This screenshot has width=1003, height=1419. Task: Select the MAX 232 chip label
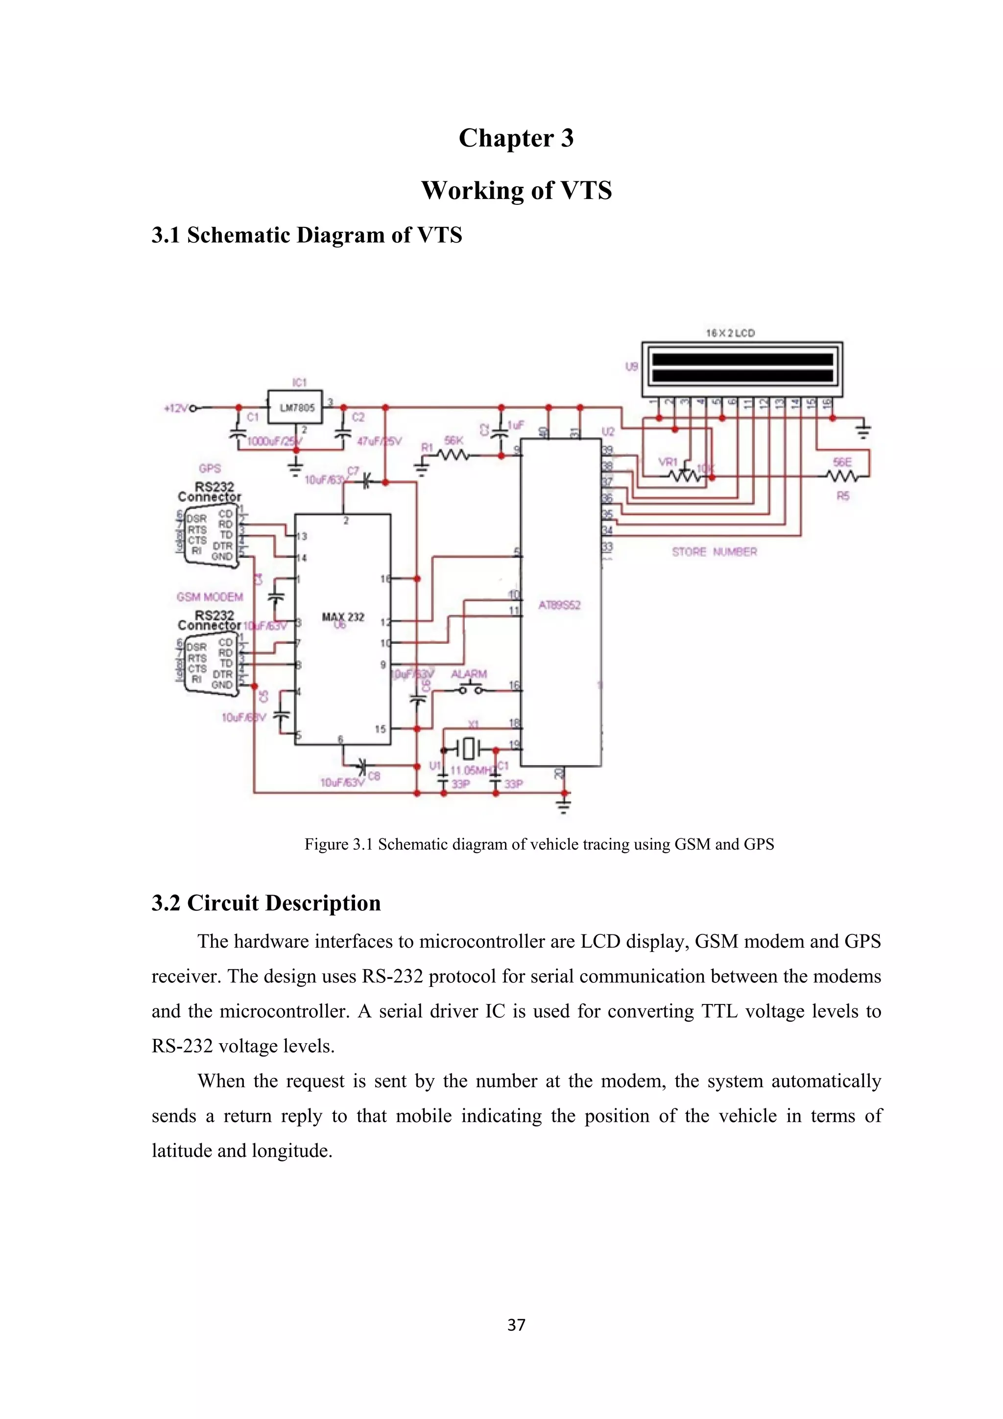coord(343,617)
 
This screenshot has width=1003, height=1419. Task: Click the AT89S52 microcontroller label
coord(559,605)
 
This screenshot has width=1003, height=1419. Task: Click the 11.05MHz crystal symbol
coord(469,749)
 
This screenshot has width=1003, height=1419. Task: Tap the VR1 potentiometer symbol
coord(684,476)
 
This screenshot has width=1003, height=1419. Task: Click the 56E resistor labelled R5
coord(842,476)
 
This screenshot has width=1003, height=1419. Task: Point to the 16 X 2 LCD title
coord(730,333)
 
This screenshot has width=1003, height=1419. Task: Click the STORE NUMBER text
coord(714,552)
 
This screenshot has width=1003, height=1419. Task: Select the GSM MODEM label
coord(210,597)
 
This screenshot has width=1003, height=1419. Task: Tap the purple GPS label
coord(210,468)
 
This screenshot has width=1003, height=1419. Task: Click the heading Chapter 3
coord(516,138)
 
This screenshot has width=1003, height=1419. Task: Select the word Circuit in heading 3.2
coord(222,903)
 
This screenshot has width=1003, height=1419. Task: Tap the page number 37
coord(516,1325)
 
